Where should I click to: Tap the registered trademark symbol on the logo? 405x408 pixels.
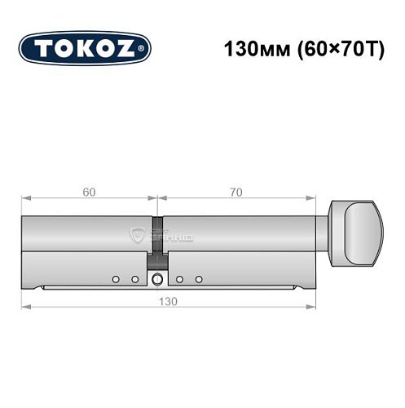(146, 50)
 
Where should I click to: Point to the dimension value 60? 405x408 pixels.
(88, 193)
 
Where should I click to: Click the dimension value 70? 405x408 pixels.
(236, 193)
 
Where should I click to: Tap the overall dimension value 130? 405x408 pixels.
(169, 300)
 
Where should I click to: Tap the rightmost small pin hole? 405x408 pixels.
(198, 280)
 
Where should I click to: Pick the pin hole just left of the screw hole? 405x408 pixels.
(135, 280)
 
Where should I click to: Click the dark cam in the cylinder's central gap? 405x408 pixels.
(156, 259)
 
